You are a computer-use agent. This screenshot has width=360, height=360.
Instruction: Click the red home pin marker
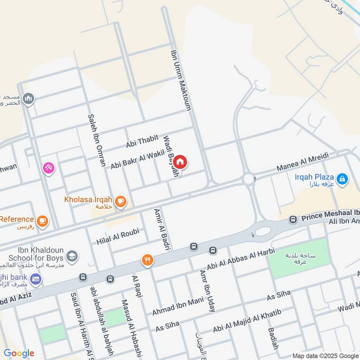pos(180,162)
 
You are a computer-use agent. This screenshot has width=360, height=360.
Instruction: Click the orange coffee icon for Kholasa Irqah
pos(120,202)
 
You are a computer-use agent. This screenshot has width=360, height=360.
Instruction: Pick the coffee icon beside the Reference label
pos(43,220)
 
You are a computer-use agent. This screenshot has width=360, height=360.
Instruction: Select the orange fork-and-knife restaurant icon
pos(147,260)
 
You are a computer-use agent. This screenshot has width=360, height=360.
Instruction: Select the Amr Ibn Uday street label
pos(207,292)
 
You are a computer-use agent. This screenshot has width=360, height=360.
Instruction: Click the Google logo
pos(19,353)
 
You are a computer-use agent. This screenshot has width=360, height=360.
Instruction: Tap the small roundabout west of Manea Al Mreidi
pos(248,179)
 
